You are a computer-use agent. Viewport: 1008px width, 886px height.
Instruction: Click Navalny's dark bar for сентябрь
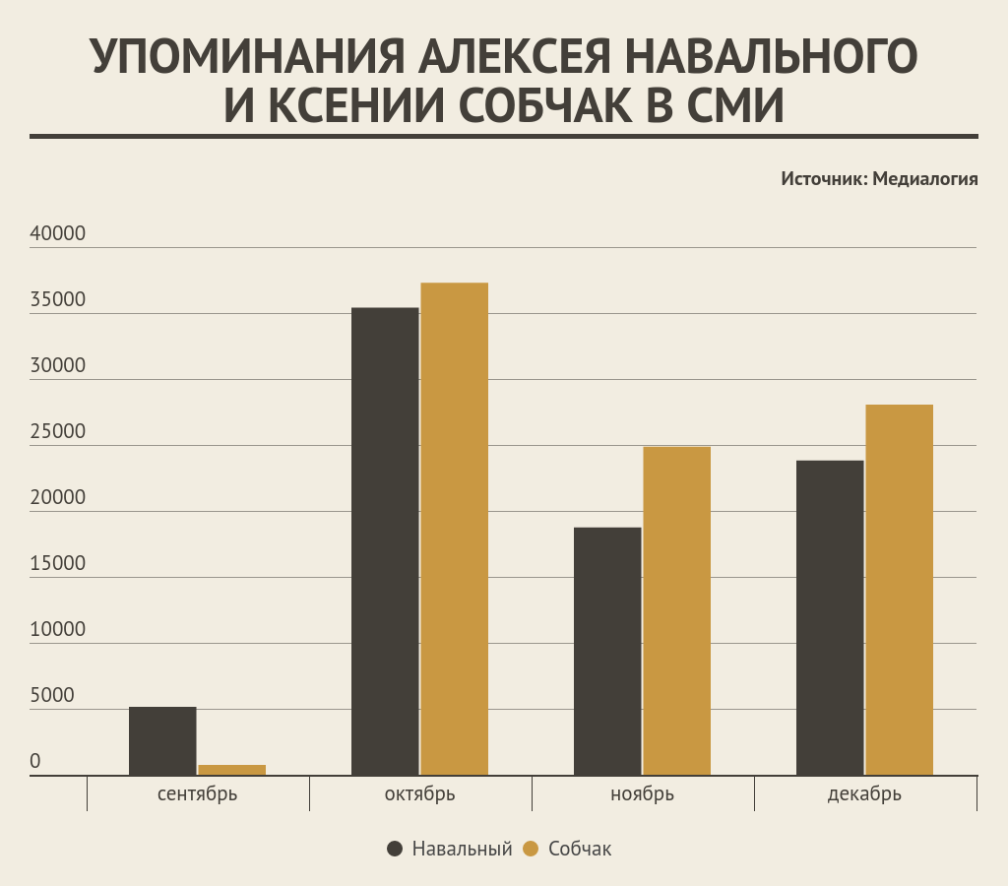(162, 741)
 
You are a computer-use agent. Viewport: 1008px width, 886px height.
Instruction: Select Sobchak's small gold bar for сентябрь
(232, 770)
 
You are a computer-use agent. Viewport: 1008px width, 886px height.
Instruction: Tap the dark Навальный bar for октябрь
(385, 541)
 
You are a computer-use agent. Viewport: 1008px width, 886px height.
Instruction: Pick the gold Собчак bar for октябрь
(455, 529)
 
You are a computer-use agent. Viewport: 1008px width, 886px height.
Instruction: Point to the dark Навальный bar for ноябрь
(607, 652)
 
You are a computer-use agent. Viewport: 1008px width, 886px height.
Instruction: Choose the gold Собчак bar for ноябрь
(677, 611)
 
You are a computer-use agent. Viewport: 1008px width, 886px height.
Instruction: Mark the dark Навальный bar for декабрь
(830, 618)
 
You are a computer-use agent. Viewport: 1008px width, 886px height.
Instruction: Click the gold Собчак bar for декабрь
(900, 590)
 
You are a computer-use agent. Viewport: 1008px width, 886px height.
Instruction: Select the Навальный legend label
(462, 849)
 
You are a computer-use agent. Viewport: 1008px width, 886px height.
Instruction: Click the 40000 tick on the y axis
(58, 234)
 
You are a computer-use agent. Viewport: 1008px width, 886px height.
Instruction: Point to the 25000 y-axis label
(58, 432)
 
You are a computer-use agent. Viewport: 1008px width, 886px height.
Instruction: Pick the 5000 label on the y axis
(51, 696)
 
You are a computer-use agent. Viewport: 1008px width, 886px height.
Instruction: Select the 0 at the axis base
(35, 762)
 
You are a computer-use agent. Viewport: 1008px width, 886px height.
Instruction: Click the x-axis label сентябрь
(197, 793)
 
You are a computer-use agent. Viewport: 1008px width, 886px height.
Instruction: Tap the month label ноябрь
(642, 793)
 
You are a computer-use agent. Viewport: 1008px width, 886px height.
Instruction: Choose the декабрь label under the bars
(864, 793)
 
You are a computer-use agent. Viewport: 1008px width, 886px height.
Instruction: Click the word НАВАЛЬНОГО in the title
(772, 57)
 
